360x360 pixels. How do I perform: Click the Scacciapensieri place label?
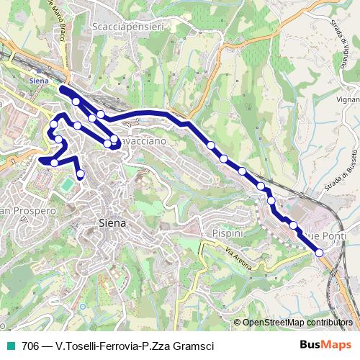pyautogui.click(x=129, y=27)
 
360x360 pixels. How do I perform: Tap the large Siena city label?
pyautogui.click(x=112, y=223)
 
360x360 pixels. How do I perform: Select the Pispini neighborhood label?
pyautogui.click(x=228, y=233)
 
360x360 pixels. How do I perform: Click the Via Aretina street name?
pyautogui.click(x=238, y=259)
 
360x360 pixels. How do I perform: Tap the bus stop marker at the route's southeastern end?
pyautogui.click(x=320, y=252)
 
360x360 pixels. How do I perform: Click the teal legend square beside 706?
pyautogui.click(x=9, y=346)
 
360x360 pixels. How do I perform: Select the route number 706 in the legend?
pyautogui.click(x=30, y=346)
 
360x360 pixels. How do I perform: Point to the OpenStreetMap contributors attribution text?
pyautogui.click(x=297, y=323)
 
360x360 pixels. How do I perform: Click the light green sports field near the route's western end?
pyautogui.click(x=67, y=185)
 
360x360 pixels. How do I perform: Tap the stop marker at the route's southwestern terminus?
pyautogui.click(x=80, y=174)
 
